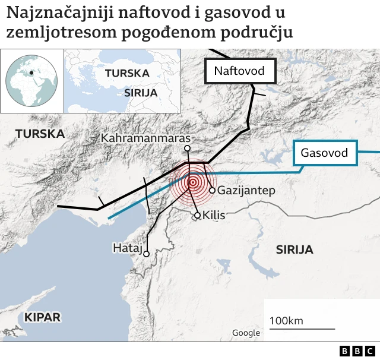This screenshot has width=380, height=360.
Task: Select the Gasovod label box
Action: pos(324,153)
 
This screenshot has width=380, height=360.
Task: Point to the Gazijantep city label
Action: pos(246,191)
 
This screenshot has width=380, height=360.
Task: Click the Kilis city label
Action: pos(214,215)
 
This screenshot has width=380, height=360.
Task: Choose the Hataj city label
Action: pos(128,248)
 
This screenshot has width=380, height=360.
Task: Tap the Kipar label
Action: pos(42,317)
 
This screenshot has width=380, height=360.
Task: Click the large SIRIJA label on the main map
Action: pos(294,250)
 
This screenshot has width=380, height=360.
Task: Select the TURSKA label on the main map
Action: pos(40,134)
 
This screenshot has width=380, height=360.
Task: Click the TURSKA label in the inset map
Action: pos(126,73)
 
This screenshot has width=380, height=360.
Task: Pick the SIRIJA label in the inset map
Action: pos(141,93)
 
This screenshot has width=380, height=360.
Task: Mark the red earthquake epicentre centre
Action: pos(192,182)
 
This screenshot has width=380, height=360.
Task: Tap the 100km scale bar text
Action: pos(286,321)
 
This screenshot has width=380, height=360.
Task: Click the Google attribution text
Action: pos(246,333)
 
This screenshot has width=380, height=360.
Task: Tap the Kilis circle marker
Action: pos(198,215)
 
